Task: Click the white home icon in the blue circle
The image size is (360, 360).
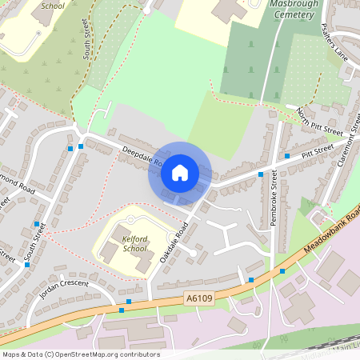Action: [179, 173]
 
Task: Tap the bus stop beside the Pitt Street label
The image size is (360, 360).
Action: [287, 156]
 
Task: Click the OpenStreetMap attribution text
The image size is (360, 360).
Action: [81, 354]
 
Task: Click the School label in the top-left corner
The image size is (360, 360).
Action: [53, 4]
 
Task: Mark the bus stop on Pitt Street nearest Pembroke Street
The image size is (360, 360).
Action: [260, 174]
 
